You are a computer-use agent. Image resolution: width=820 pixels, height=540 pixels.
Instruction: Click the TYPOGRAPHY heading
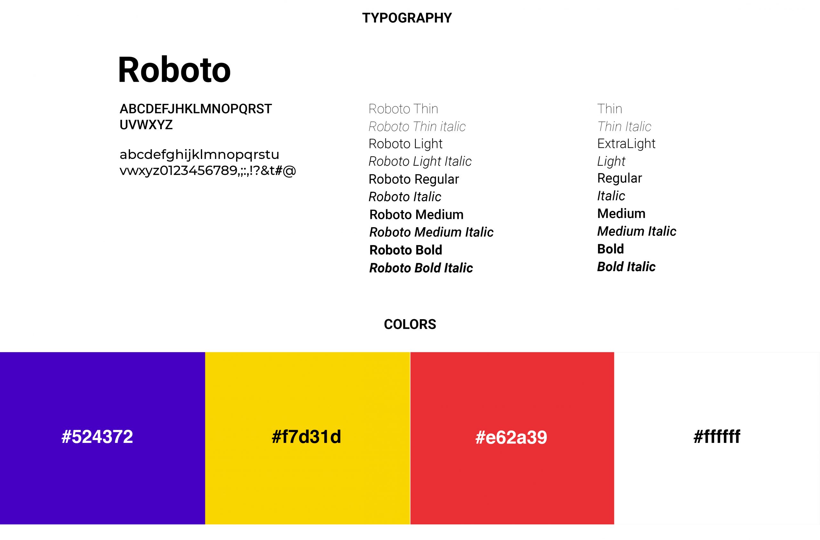(x=407, y=18)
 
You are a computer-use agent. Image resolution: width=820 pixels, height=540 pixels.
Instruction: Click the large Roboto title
(x=174, y=70)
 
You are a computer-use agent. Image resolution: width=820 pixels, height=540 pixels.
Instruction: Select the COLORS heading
(x=410, y=324)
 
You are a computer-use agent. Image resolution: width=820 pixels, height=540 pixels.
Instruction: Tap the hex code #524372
(x=97, y=436)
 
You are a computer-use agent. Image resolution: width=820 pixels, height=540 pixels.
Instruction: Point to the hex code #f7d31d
(x=306, y=436)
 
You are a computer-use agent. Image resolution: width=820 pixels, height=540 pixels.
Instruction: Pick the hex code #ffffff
(x=717, y=436)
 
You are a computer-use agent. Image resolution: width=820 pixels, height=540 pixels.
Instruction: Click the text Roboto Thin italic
(x=417, y=127)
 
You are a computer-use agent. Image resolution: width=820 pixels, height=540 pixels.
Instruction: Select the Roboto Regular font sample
(x=414, y=179)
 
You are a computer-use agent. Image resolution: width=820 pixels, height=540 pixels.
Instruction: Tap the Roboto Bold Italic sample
(x=421, y=268)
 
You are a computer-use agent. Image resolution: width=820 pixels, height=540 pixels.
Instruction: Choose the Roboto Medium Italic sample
(x=431, y=232)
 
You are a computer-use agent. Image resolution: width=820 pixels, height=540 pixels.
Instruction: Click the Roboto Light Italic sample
(x=420, y=161)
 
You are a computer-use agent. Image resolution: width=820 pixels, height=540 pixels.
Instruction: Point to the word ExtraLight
(x=626, y=144)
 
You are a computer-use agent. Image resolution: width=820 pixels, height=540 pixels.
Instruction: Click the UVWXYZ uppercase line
(x=146, y=125)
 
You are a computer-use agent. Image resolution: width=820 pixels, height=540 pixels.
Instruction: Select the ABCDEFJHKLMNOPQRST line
(x=196, y=109)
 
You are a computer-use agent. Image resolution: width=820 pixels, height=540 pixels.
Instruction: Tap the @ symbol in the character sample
(x=289, y=170)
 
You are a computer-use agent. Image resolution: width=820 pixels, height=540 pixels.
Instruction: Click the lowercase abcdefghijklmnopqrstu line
(x=199, y=155)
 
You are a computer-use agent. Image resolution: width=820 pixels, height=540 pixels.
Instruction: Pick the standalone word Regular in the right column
(x=619, y=179)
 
